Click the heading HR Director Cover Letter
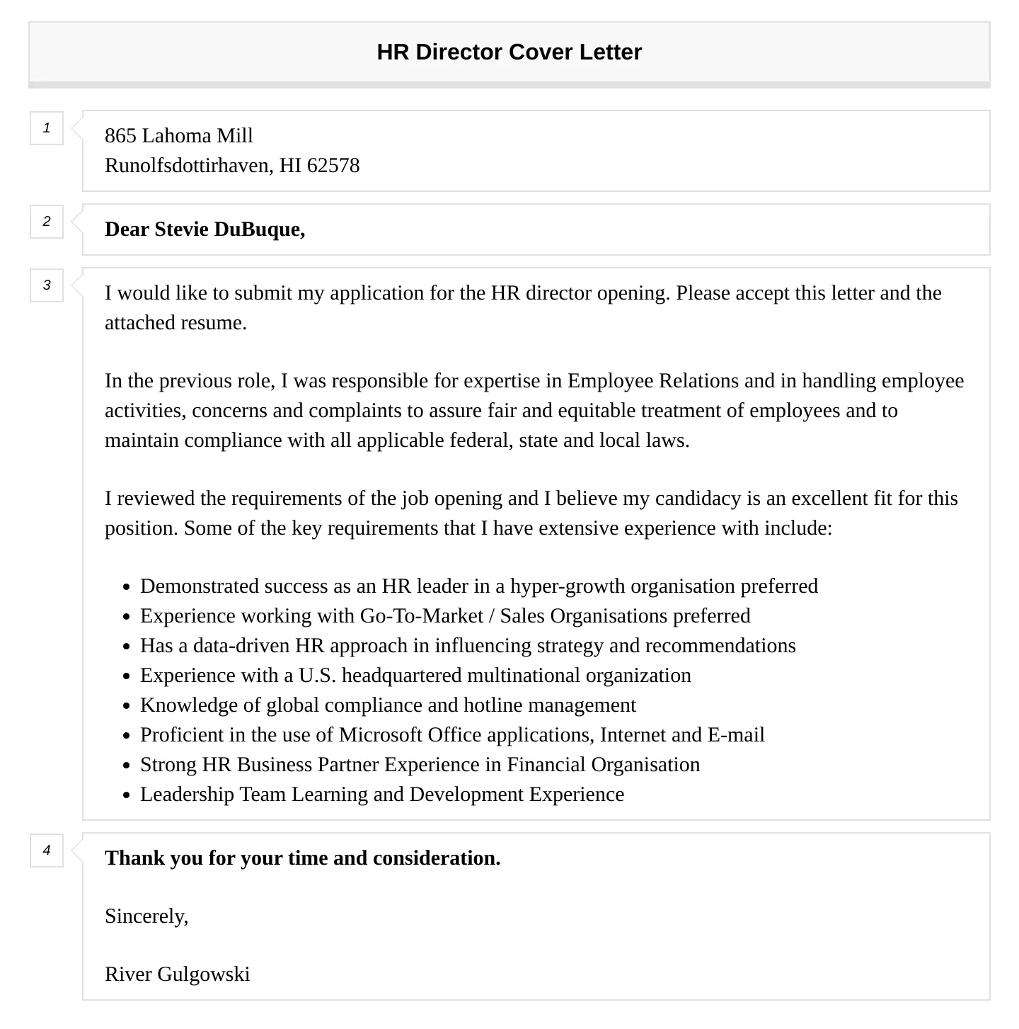click(509, 52)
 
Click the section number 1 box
click(47, 128)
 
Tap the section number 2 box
click(47, 222)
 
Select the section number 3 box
click(47, 285)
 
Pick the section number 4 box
click(47, 850)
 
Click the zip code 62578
click(333, 166)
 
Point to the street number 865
click(120, 136)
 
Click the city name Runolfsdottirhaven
click(187, 166)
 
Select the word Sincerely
click(146, 916)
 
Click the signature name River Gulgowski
click(177, 974)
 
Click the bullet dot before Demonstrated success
click(126, 587)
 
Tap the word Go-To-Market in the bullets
click(421, 616)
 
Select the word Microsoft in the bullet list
click(383, 735)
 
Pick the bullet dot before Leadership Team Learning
click(126, 795)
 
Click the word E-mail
click(736, 735)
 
